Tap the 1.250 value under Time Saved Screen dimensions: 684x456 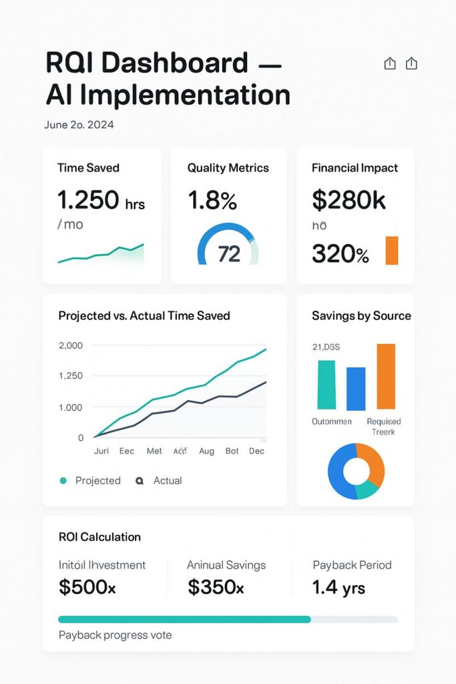(x=88, y=200)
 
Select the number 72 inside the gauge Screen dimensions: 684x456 (x=229, y=254)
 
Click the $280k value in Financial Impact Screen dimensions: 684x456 (x=349, y=200)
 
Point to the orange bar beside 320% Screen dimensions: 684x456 (x=392, y=250)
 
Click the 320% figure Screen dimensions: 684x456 (x=340, y=254)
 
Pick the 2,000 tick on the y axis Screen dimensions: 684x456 (x=71, y=345)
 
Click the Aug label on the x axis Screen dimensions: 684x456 (x=206, y=451)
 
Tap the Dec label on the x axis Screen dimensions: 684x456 (x=256, y=451)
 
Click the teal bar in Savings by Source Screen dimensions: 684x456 (x=326, y=385)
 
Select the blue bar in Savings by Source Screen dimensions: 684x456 (x=356, y=388)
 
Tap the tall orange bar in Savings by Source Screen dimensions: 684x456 (x=386, y=376)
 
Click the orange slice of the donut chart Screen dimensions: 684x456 (x=374, y=462)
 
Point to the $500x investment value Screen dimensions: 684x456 (x=87, y=587)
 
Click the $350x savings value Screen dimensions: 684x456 (x=216, y=587)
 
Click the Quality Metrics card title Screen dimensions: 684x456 (x=228, y=168)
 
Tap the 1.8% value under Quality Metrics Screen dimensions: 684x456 (x=212, y=200)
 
